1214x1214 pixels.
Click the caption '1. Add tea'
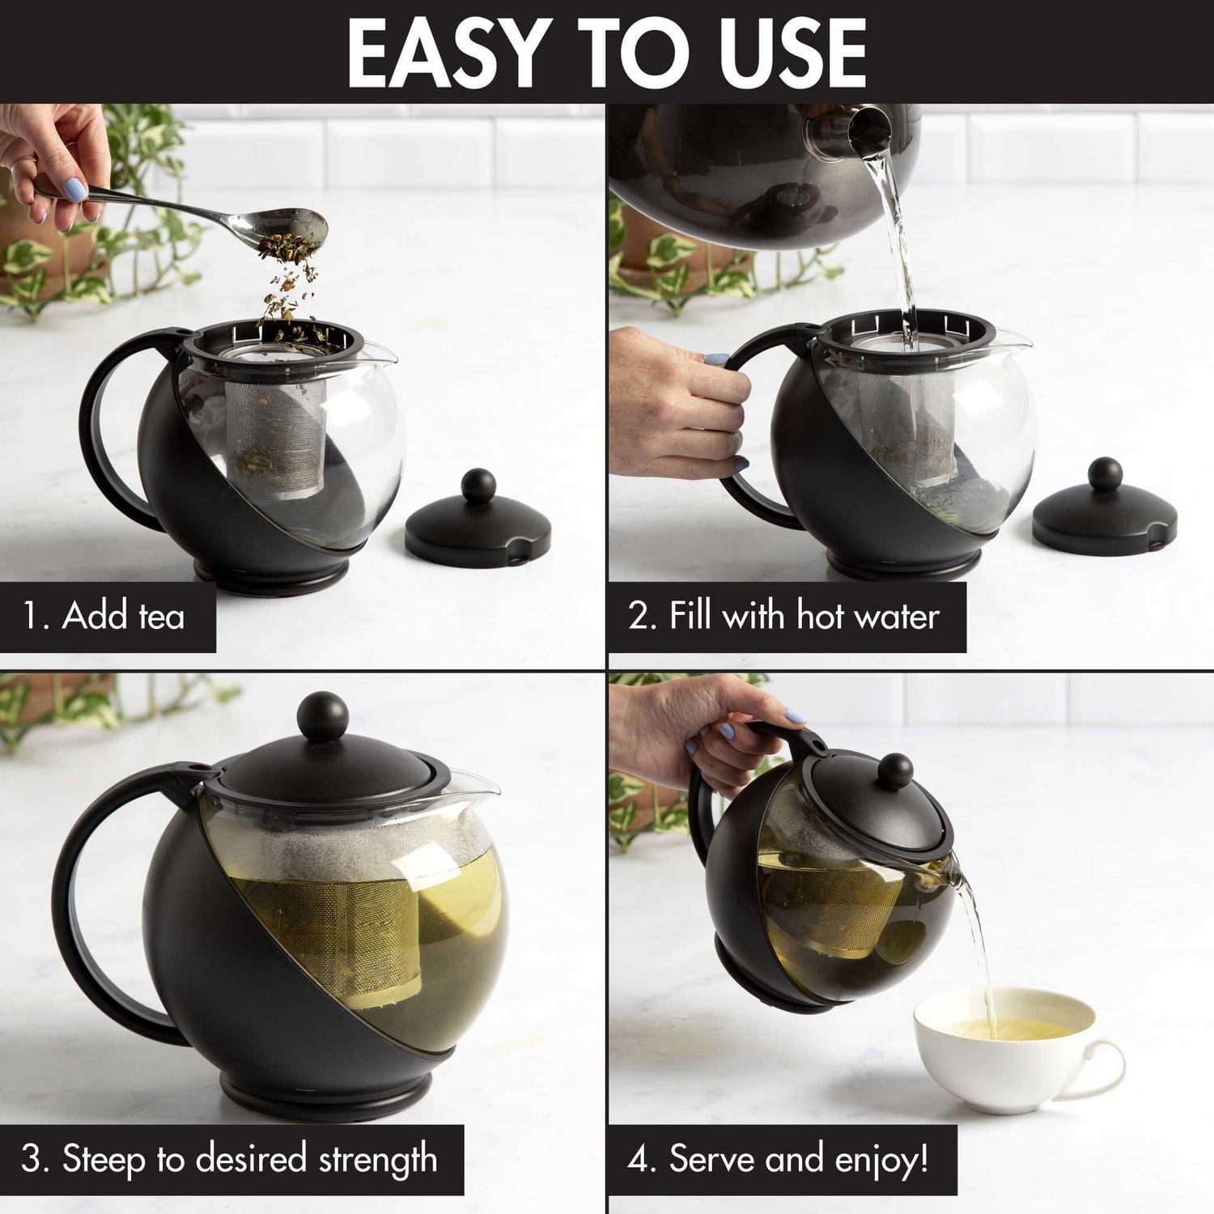(104, 616)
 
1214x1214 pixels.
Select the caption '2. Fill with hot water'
(783, 616)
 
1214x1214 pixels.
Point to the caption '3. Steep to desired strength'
(229, 1159)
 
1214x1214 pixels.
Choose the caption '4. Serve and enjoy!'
(779, 1159)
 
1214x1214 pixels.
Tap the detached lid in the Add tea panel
(478, 525)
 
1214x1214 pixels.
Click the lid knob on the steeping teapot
(323, 716)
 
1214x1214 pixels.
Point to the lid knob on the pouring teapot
(895, 770)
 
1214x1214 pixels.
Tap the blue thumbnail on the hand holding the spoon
(74, 191)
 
